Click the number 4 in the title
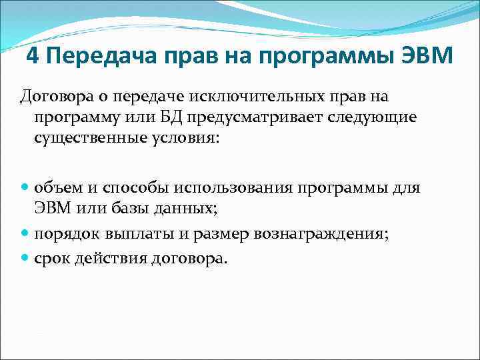point(34,57)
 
